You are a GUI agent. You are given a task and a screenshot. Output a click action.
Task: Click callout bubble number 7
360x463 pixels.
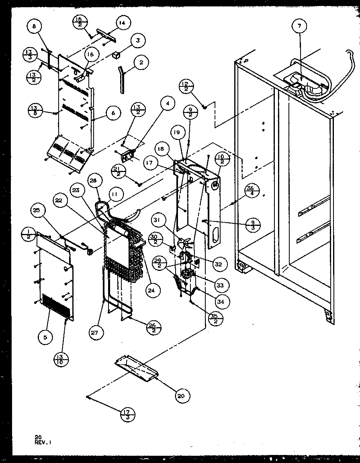point(299,27)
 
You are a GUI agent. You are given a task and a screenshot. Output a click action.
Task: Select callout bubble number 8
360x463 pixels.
point(34,27)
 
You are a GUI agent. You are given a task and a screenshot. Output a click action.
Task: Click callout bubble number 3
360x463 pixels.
point(137,40)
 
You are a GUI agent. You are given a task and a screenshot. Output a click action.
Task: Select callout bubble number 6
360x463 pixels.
point(113,113)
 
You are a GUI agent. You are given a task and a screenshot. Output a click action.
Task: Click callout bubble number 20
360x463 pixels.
point(181,395)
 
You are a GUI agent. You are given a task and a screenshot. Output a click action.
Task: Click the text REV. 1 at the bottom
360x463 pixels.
point(43,441)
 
